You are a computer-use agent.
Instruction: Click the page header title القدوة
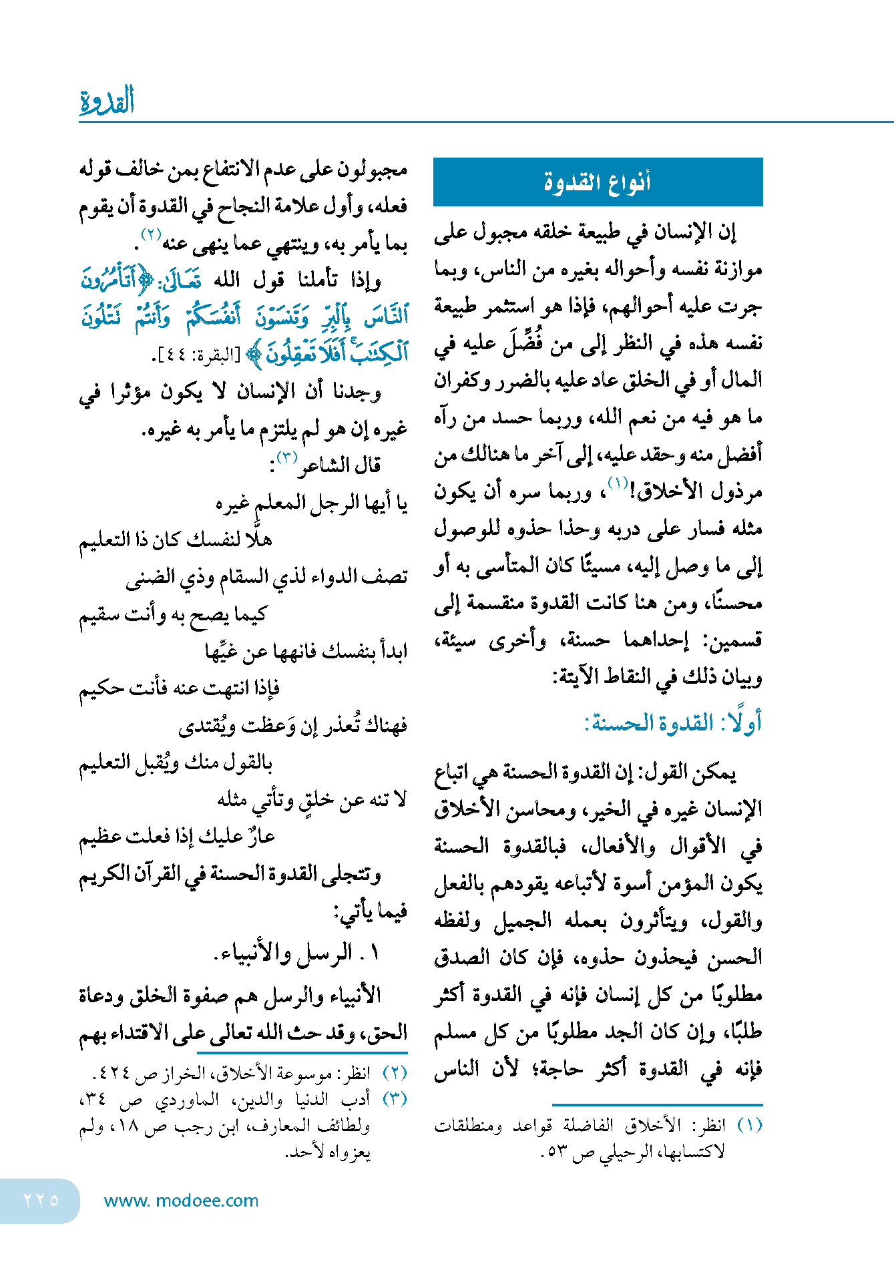(107, 101)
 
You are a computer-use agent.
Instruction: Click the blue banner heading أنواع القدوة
(598, 182)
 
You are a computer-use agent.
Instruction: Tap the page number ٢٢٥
(41, 1200)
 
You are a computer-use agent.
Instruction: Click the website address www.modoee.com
(181, 1201)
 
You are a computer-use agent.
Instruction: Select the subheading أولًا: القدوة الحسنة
(673, 723)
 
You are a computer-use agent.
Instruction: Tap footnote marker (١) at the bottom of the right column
(749, 1125)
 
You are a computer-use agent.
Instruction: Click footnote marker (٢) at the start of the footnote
(395, 1073)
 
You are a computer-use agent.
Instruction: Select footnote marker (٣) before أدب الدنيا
(395, 1098)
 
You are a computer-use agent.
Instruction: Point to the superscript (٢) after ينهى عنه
(151, 234)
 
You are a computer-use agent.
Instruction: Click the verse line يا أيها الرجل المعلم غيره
(311, 502)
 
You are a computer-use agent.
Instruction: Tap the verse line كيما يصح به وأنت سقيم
(173, 614)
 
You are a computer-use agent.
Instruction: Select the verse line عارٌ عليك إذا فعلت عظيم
(177, 837)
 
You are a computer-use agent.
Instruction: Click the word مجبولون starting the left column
(371, 170)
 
